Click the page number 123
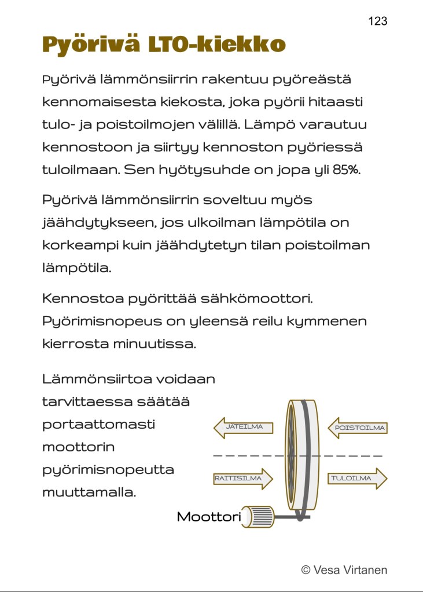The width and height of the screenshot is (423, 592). pyautogui.click(x=377, y=21)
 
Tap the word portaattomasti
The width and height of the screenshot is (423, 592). pyautogui.click(x=98, y=424)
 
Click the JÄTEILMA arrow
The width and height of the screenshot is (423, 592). pyautogui.click(x=242, y=428)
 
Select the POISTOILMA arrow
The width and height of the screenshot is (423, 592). pyautogui.click(x=357, y=429)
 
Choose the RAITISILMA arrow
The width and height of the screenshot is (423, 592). pyautogui.click(x=242, y=479)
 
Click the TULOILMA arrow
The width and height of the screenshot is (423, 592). pyautogui.click(x=357, y=479)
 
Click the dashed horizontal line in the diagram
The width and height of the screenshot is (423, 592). pyautogui.click(x=243, y=456)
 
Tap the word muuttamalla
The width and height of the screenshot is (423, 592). pyautogui.click(x=89, y=493)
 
